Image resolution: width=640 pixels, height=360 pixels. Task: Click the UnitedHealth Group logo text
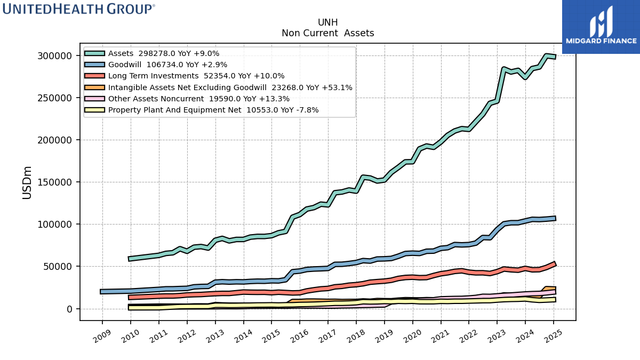pos(78,9)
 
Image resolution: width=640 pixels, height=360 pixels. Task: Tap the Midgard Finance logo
pos(601,27)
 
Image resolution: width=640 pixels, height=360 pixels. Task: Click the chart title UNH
pos(327,22)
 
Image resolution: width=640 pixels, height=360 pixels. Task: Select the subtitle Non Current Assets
pos(327,33)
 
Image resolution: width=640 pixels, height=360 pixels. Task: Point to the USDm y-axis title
pos(27,182)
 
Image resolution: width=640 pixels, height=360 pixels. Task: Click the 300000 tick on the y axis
pos(54,55)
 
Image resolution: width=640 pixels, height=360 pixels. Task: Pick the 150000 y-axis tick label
pos(54,182)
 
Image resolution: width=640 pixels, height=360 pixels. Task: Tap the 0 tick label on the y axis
pos(69,309)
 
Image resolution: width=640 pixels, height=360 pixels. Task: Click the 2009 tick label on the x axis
pos(102,336)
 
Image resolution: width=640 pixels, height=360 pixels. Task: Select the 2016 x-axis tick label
pos(299,336)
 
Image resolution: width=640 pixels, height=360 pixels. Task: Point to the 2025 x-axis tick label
pos(554,336)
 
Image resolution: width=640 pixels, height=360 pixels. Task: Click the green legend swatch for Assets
pos(94,53)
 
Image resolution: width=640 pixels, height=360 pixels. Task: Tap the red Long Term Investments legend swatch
pos(94,76)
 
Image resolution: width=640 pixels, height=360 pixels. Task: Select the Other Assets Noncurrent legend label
pos(156,99)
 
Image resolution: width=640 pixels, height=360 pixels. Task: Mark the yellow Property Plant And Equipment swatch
pos(94,110)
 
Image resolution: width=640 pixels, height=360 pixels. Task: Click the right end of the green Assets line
pos(555,57)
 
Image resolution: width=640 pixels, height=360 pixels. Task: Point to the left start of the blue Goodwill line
pos(101,292)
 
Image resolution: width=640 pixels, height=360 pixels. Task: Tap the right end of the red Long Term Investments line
pos(555,263)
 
